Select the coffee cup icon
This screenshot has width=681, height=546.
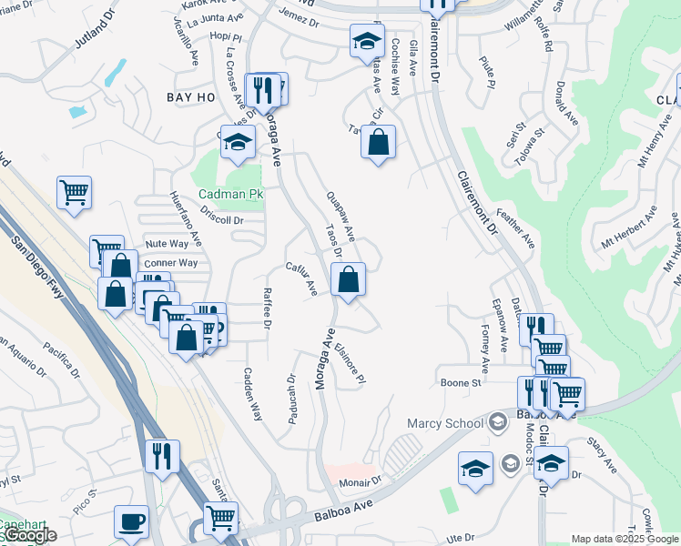pos(131,522)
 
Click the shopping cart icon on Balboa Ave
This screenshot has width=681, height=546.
pos(221,518)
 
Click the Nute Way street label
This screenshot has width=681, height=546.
pos(167,244)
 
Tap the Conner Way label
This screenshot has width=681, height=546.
pos(170,263)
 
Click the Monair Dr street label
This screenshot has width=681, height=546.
pos(360,481)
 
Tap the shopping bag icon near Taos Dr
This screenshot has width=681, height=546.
pos(348,280)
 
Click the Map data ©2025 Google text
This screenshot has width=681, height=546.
pos(625,539)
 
